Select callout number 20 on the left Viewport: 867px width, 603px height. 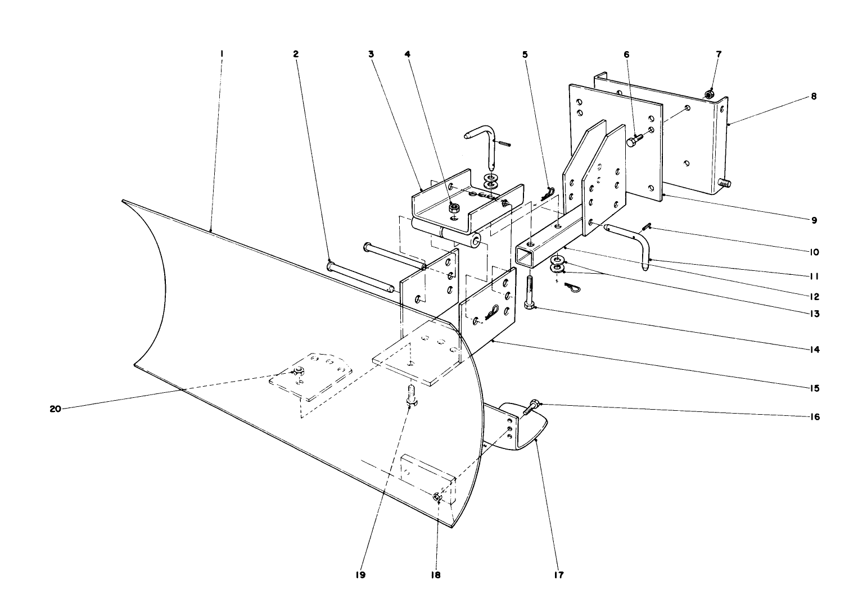(55, 409)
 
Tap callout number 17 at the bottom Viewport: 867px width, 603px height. (559, 575)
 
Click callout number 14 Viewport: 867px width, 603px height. (814, 350)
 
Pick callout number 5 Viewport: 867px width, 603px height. (525, 55)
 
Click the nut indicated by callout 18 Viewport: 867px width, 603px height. (437, 497)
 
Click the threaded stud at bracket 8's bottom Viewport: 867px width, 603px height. (725, 183)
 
